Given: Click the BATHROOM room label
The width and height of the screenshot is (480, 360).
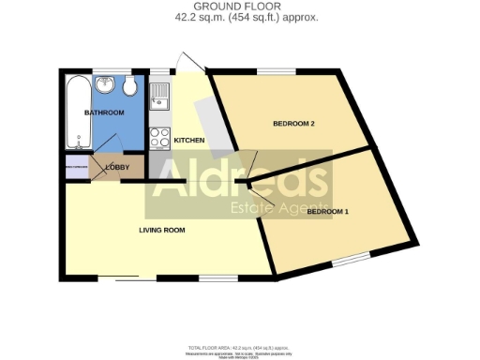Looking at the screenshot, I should (104, 113).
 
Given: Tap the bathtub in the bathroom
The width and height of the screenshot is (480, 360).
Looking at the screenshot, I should (76, 112).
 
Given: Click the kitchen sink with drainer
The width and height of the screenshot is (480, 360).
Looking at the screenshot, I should (159, 95).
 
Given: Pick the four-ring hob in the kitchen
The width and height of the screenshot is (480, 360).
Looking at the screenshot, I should (159, 138).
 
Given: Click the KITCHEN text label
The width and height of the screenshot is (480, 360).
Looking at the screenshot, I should (188, 141).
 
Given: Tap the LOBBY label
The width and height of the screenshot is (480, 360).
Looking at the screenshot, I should (118, 168).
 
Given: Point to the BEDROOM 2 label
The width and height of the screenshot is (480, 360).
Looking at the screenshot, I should (292, 124).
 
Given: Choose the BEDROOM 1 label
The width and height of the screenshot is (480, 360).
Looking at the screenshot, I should (327, 212).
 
